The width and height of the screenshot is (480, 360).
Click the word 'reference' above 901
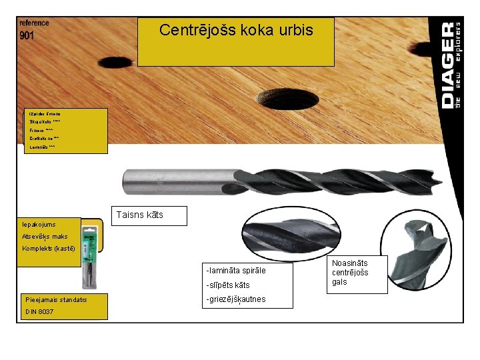click(33, 23)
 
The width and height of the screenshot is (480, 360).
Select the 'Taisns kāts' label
click(139, 215)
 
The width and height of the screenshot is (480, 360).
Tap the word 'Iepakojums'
click(39, 225)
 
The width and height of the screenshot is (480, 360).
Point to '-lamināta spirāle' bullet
click(236, 271)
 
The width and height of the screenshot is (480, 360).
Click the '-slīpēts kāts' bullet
click(229, 285)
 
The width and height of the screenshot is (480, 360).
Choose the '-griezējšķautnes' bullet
click(236, 299)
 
